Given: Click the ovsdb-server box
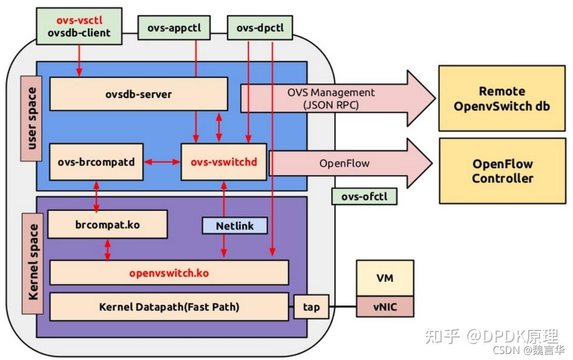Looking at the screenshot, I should (138, 94).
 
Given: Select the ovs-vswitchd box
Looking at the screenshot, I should (223, 162).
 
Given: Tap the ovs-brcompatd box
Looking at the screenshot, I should (96, 162).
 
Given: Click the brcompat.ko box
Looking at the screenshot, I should (107, 225).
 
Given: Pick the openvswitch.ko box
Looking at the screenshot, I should (169, 272).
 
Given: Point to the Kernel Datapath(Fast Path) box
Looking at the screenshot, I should (169, 307).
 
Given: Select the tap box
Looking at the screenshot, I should (311, 307).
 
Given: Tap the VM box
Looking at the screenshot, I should (385, 278).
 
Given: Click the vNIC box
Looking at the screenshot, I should (385, 307).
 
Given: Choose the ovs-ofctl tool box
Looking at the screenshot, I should (364, 196).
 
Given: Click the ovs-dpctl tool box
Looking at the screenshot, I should (260, 27).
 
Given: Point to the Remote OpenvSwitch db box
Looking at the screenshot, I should (501, 98).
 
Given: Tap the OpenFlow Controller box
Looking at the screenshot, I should (501, 171).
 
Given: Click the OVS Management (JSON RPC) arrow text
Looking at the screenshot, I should (331, 98).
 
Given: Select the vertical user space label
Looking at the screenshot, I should (31, 118).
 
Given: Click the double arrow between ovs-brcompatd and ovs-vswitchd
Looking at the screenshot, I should (162, 162).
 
